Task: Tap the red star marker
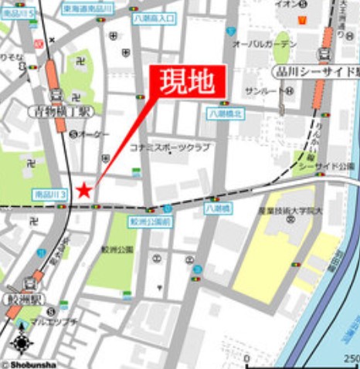[84, 190]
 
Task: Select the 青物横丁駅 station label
[60, 111]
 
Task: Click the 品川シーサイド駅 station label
[315, 71]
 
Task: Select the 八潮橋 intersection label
[216, 208]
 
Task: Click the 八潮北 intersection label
[225, 113]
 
